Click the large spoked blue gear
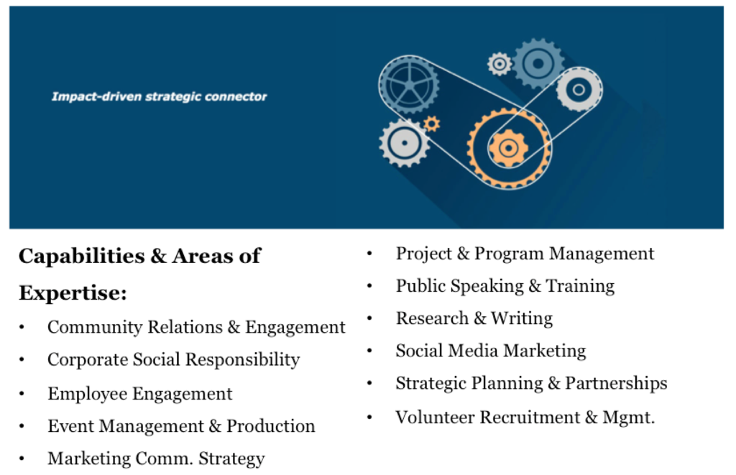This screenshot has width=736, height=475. [409, 85]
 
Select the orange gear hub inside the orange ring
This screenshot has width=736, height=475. [508, 148]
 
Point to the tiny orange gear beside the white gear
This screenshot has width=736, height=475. [431, 124]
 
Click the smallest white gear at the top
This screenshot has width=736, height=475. [500, 64]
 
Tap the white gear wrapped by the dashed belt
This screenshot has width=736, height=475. [579, 89]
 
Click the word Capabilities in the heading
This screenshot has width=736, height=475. [82, 257]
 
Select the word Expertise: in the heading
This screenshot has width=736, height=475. [73, 293]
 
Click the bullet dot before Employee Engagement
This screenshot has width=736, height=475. [22, 394]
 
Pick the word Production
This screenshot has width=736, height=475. [270, 426]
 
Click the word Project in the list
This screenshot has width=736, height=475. [424, 254]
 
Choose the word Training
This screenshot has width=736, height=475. [580, 286]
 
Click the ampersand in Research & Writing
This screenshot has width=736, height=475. [479, 318]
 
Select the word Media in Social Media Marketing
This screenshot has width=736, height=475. [471, 351]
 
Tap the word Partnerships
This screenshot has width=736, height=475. [616, 384]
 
